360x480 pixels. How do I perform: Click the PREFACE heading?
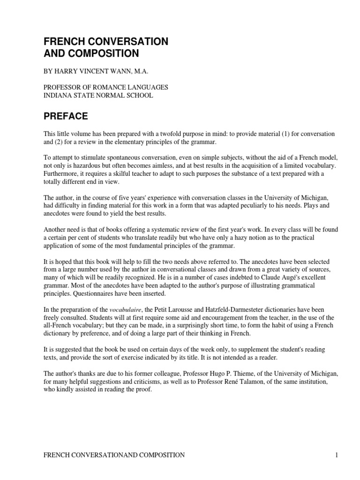pos(66,115)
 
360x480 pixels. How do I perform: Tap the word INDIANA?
pos(57,96)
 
